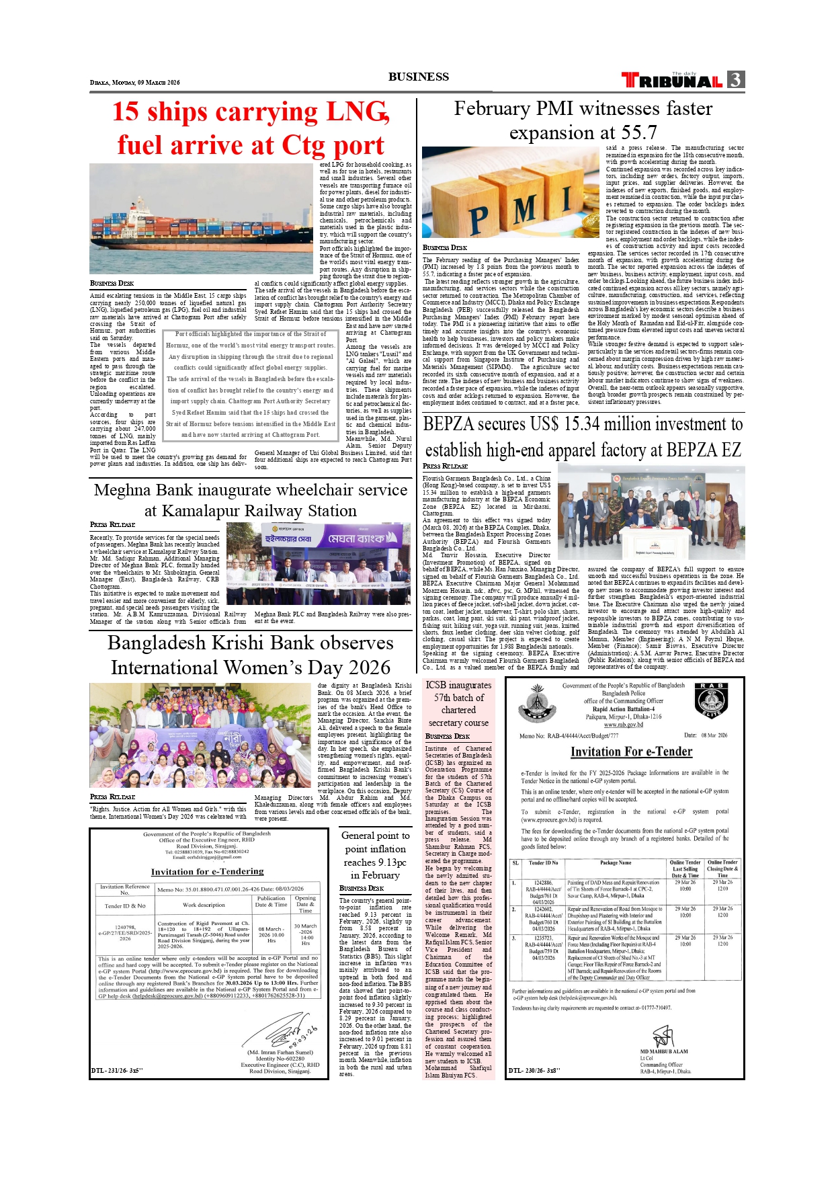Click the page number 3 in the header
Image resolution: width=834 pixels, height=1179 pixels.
pyautogui.click(x=736, y=80)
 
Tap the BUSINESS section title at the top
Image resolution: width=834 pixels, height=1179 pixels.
pyautogui.click(x=418, y=77)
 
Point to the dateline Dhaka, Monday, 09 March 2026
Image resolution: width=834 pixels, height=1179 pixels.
pyautogui.click(x=135, y=83)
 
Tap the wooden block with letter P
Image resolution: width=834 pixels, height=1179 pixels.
pyautogui.click(x=478, y=218)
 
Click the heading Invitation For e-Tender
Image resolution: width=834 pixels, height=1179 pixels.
pyautogui.click(x=631, y=751)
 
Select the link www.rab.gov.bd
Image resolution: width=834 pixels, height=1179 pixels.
pyautogui.click(x=623, y=725)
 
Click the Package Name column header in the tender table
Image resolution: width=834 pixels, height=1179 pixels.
pyautogui.click(x=615, y=862)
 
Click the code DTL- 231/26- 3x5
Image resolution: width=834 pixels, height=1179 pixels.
pyautogui.click(x=117, y=1070)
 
